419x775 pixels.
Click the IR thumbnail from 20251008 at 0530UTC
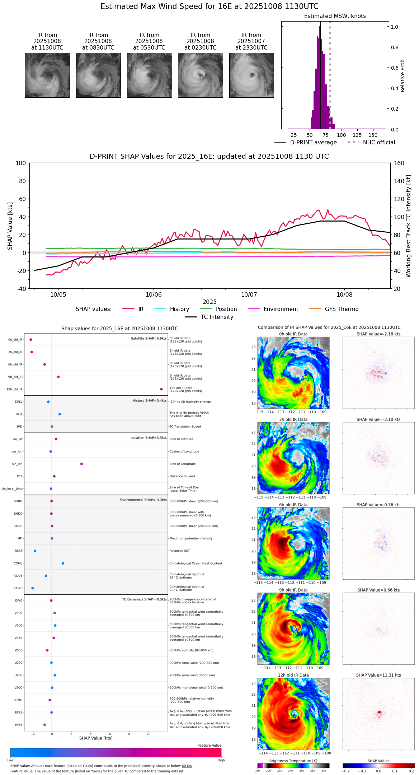[x=149, y=75]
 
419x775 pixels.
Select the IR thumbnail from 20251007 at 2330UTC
[x=251, y=75]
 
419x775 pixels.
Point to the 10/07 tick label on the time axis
[x=249, y=295]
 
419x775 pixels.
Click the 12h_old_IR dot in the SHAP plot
[x=161, y=389]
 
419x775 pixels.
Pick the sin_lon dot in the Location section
[x=81, y=464]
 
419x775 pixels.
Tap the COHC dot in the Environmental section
[x=63, y=563]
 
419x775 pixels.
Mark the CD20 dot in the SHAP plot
[x=33, y=588]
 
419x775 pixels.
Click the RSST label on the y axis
[x=19, y=551]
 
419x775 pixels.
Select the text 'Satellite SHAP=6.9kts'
[x=149, y=339]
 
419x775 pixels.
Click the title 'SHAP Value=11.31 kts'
[x=378, y=676]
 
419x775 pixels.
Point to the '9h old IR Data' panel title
[x=293, y=590]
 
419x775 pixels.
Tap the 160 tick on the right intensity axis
[x=399, y=163]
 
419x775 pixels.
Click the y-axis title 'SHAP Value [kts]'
[x=10, y=226]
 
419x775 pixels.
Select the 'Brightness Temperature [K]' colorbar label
[x=293, y=761]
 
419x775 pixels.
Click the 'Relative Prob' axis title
[x=403, y=76]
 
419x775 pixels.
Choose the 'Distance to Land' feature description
[x=182, y=477]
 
